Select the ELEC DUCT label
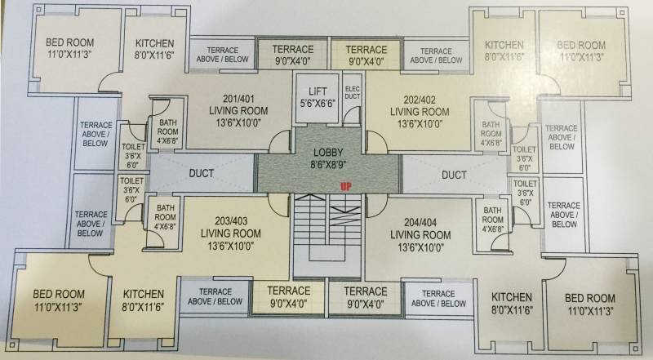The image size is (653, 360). coord(353,94)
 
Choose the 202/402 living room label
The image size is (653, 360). coord(419,109)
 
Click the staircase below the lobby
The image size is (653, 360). coord(326,237)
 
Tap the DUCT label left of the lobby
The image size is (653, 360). coord(202,174)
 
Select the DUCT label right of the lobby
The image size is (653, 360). coord(454,175)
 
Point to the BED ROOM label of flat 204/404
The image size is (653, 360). coord(589,304)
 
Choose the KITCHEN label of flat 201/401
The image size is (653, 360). coord(154,50)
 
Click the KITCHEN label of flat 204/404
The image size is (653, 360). coord(513,303)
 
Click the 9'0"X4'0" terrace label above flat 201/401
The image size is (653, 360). coord(291,54)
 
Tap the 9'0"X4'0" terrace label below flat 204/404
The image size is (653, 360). coord(366,296)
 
